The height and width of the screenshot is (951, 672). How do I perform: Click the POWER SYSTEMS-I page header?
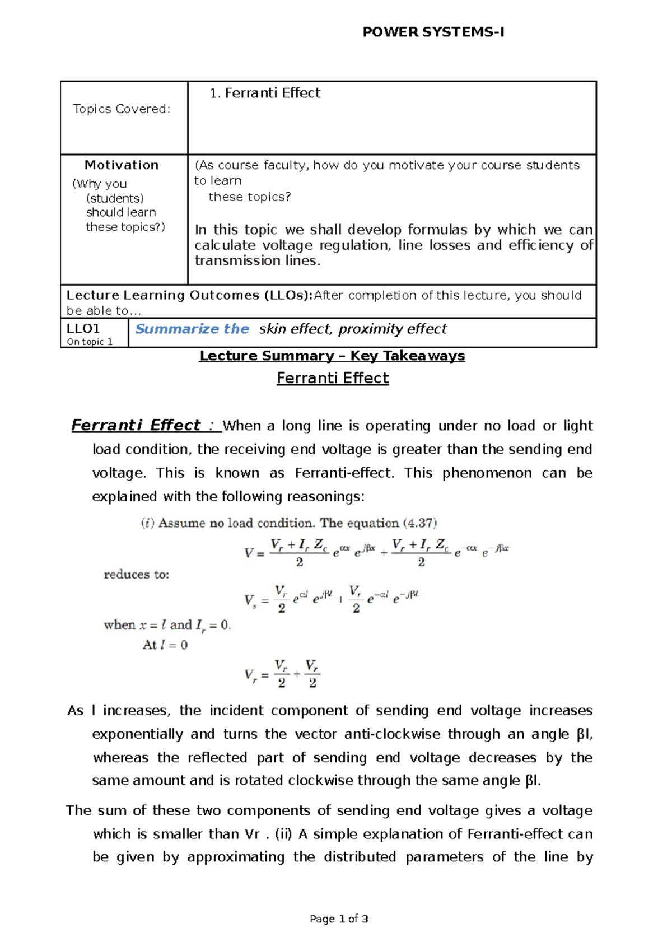point(433,32)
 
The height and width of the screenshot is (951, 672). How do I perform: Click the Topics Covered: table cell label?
point(122,109)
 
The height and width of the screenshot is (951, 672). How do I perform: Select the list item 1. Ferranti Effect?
point(265,93)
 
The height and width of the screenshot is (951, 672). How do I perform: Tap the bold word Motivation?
point(122,165)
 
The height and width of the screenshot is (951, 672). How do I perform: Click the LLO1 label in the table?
point(83,329)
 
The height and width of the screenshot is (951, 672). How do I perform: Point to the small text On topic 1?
point(90,342)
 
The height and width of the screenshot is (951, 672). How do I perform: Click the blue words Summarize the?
point(192,329)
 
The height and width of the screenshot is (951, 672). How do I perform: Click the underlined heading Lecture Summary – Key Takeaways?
point(332,356)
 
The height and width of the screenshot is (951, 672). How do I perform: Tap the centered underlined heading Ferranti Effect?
point(333,378)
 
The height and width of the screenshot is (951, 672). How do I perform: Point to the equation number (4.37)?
point(419,523)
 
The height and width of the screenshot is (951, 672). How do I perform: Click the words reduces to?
point(137,575)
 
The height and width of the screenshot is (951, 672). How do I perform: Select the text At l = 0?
point(165,645)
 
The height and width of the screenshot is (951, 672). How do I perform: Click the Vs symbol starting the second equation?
point(250,601)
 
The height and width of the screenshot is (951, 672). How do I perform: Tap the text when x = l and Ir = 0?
point(167,625)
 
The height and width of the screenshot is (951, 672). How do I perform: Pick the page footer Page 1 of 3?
point(339,919)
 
